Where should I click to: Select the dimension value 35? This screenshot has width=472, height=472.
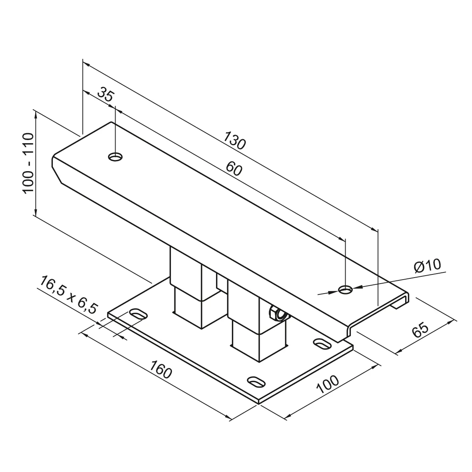[x=105, y=96]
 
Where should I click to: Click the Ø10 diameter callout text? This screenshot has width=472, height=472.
[x=427, y=266]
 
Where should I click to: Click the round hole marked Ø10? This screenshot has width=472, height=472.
[x=345, y=289]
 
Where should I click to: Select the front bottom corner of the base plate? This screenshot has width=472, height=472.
[x=259, y=401]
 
